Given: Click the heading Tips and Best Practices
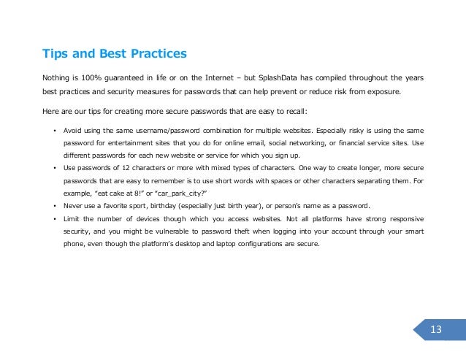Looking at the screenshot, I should (x=114, y=53).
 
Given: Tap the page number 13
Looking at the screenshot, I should (x=436, y=329).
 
